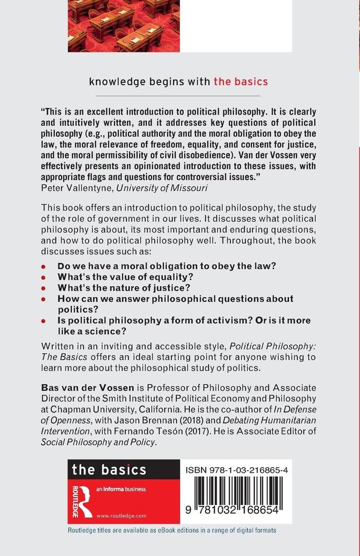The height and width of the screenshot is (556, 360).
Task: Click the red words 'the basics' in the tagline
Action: (x=240, y=82)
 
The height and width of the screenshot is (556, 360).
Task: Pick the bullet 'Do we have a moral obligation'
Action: (x=167, y=265)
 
